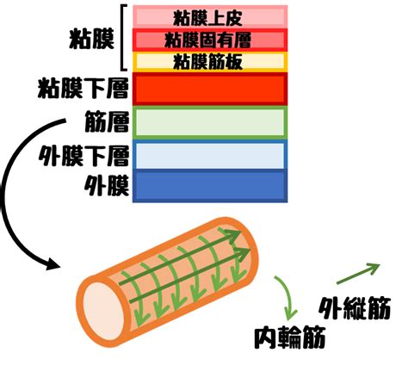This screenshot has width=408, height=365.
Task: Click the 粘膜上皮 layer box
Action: [210, 16]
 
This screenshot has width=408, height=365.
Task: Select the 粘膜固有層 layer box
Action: [210, 40]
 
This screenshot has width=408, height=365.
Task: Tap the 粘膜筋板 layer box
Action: [210, 62]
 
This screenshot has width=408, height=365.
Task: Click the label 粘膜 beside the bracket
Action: [91, 39]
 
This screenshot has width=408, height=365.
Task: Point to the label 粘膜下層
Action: [83, 88]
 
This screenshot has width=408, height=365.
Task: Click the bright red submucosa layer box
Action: [210, 89]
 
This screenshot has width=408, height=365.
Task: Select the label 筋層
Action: [107, 121]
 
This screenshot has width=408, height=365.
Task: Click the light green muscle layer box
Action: [210, 122]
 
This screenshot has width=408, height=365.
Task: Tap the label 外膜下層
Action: [83, 155]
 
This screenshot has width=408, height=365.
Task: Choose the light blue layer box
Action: [210, 155]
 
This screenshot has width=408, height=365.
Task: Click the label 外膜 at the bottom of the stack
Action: [107, 185]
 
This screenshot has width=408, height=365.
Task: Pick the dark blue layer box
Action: [210, 186]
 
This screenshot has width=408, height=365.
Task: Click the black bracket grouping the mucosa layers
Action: [123, 38]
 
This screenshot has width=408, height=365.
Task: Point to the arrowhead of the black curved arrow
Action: [53, 263]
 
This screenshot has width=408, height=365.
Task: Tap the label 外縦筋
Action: [355, 308]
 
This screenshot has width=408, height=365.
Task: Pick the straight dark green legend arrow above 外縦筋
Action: [358, 274]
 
